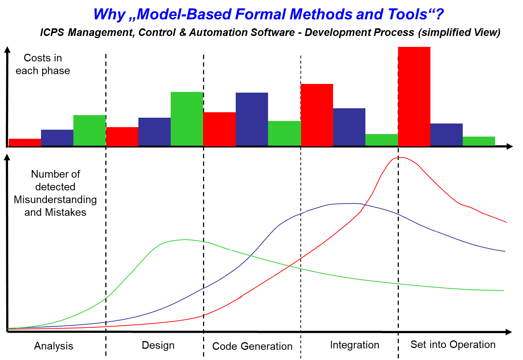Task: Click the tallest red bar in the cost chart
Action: [x=414, y=96]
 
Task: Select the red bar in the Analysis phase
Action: [x=25, y=143]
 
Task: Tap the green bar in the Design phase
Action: [x=187, y=119]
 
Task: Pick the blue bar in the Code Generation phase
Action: [x=252, y=119]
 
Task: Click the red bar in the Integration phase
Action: [x=317, y=115]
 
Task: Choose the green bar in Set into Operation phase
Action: [x=479, y=141]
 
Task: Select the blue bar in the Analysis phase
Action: [x=57, y=138]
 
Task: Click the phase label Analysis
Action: [x=54, y=346]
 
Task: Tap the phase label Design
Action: [x=158, y=345]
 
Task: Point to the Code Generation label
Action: [x=252, y=346]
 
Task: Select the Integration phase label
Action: [x=354, y=345]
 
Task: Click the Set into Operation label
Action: [x=453, y=344]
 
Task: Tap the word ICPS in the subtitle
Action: [x=52, y=32]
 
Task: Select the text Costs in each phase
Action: [x=43, y=64]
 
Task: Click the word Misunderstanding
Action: [x=55, y=199]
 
